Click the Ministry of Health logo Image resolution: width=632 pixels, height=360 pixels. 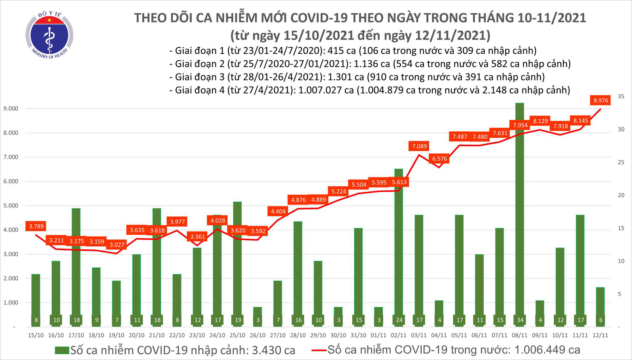coord(49,35)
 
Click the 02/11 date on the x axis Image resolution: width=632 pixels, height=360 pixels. coord(399,335)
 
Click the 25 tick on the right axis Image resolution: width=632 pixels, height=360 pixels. coord(621,162)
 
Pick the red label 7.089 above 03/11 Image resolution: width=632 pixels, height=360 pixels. coord(419,146)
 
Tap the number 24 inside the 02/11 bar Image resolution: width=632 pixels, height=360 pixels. coord(399,320)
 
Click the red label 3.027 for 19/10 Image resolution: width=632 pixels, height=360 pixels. coord(117,245)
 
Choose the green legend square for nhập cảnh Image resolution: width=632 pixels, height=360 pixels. coord(62,350)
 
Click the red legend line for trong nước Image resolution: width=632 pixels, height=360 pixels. coord(319,350)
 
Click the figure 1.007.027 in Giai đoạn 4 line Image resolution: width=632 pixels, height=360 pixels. coord(325,90)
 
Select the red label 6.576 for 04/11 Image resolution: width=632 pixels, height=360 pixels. coord(439,159)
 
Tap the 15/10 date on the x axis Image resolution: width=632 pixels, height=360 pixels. coord(36,335)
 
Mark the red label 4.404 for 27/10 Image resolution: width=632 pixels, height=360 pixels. coord(278,211)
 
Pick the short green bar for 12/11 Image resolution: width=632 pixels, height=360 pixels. coord(600,307)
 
